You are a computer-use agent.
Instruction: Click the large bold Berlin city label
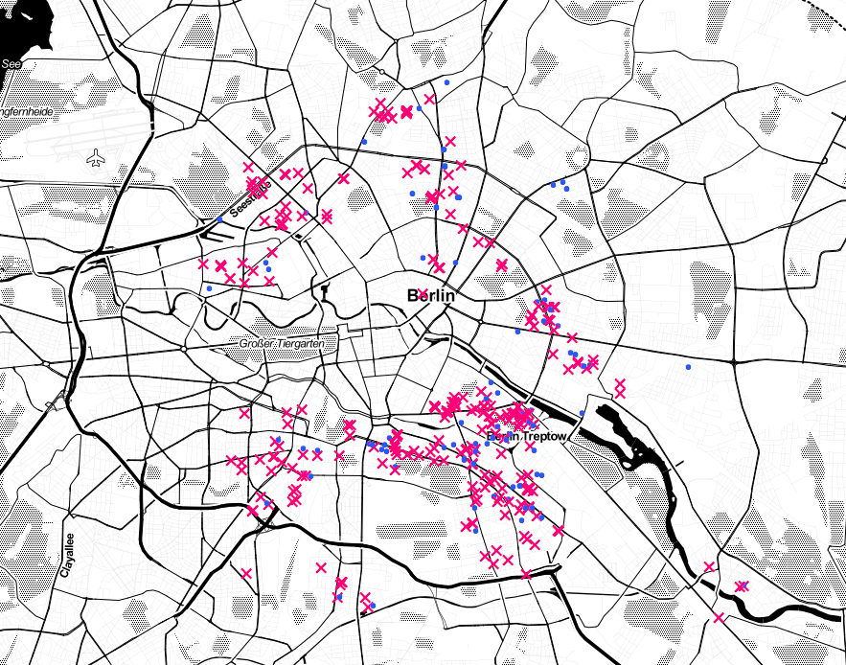coord(430,296)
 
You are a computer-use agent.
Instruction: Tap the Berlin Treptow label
coord(528,437)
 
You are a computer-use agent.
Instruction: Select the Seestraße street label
coord(251,192)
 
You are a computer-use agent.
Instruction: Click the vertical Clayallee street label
coord(67,555)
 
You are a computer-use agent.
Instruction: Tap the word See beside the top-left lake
coord(11,64)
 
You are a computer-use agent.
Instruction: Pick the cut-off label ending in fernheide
coord(26,112)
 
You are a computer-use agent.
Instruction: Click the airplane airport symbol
coord(96,157)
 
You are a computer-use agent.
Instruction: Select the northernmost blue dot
coord(446,83)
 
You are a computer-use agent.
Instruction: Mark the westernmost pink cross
coord(202,263)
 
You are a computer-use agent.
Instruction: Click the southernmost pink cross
coord(720,618)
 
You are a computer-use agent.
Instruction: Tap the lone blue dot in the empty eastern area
coord(688,367)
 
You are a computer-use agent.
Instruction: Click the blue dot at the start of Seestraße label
coord(219,220)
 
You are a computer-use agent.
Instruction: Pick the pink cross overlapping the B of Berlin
coord(422,293)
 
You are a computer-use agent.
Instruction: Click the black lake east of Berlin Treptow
coord(623,436)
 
